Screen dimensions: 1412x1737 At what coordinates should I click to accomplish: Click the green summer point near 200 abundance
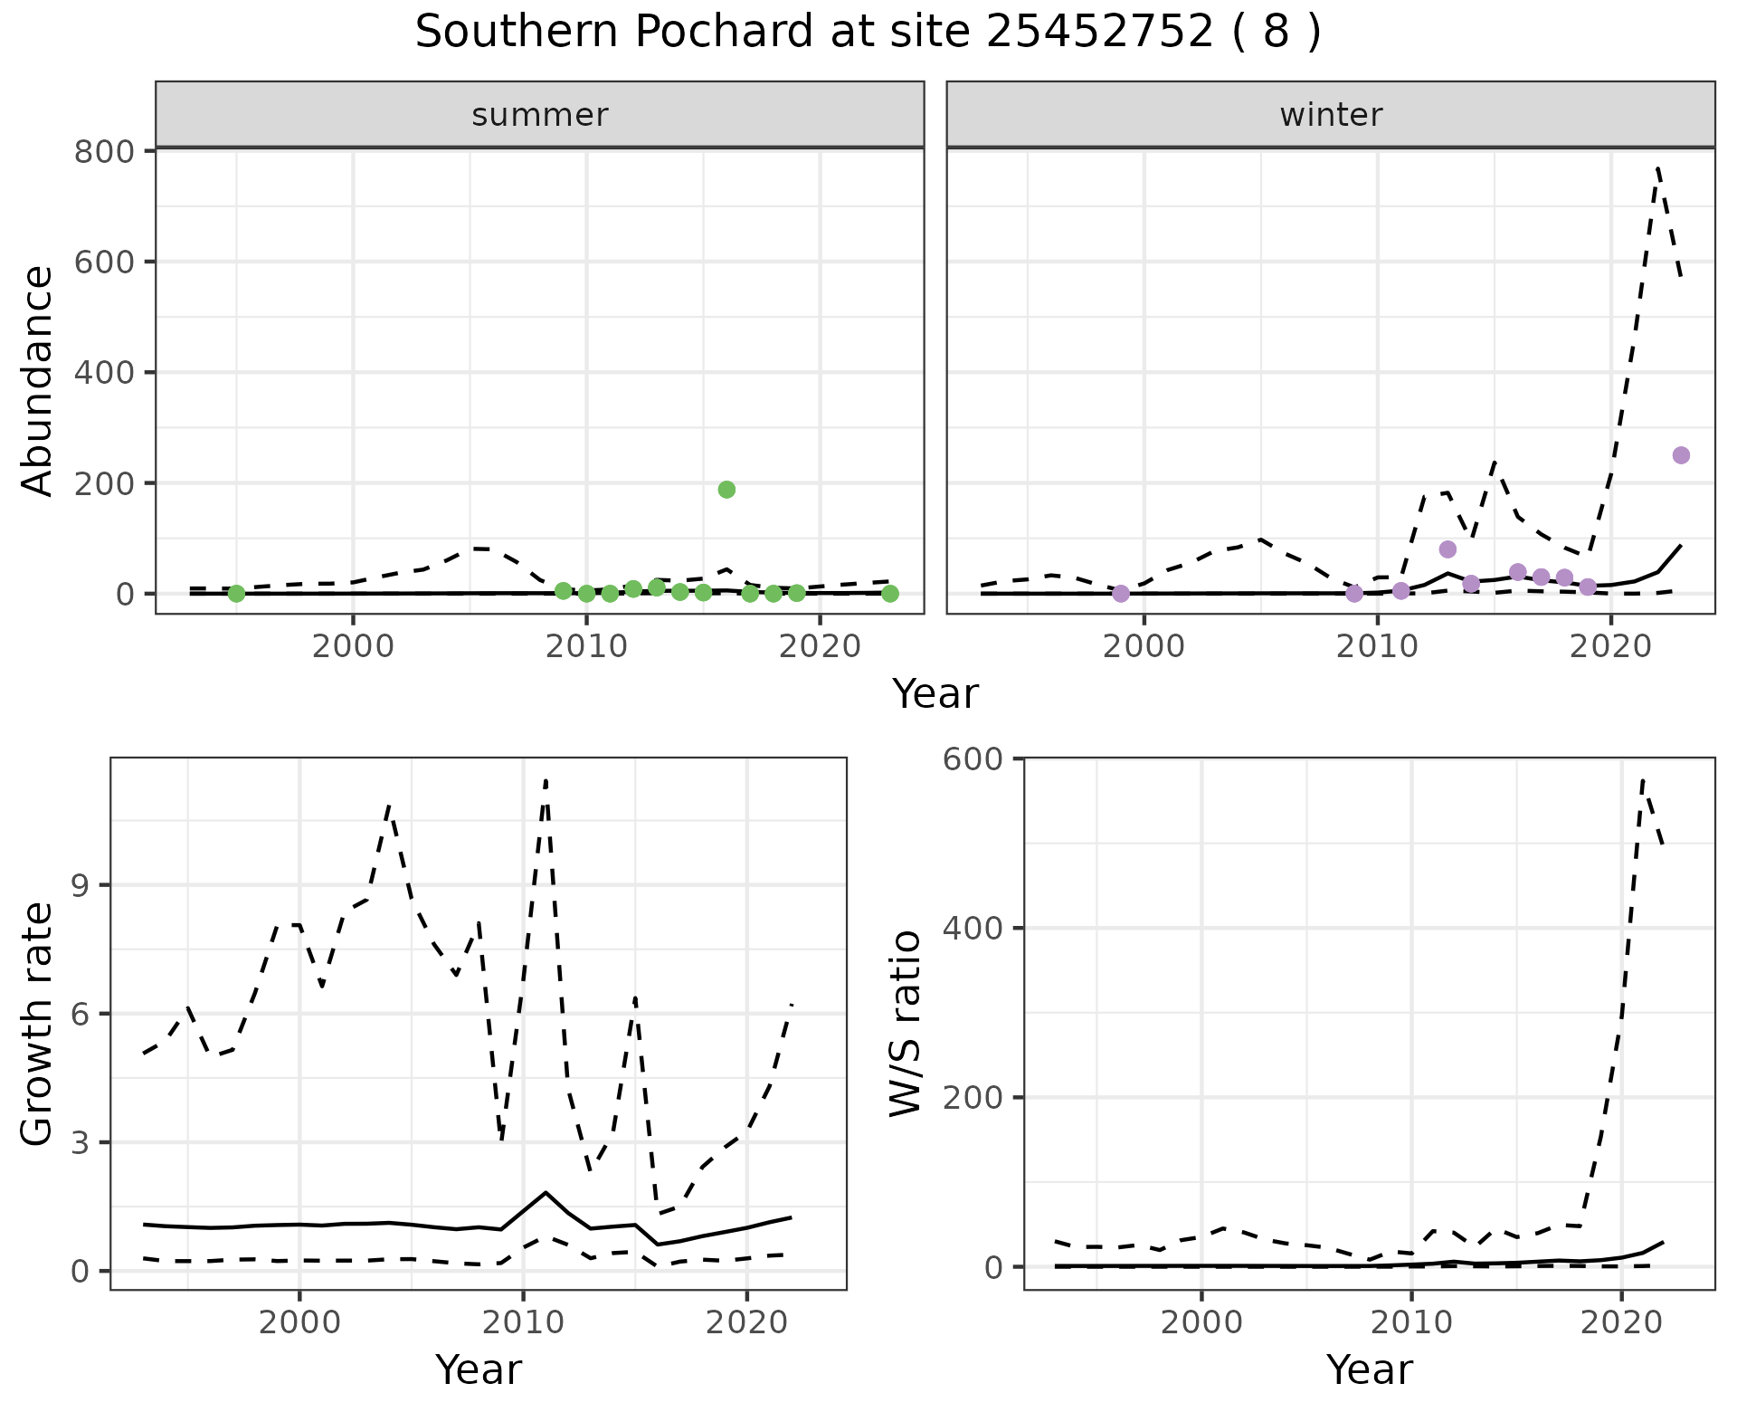coord(726,490)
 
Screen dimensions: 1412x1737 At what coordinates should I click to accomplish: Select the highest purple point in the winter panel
coord(1681,455)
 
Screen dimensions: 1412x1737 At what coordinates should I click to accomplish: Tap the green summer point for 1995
coord(236,594)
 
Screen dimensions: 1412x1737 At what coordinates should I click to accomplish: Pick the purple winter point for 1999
coord(1121,594)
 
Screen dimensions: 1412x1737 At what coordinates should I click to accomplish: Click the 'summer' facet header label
coord(540,115)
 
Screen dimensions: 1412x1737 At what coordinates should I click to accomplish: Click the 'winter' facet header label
coord(1331,115)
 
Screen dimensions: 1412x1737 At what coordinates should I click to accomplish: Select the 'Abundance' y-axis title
coord(38,381)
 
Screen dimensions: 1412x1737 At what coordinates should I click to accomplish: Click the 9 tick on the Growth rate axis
coord(82,885)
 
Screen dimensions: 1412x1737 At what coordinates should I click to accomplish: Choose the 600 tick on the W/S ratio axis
coord(973,758)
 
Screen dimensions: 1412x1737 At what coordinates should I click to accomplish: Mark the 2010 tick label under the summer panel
coord(586,647)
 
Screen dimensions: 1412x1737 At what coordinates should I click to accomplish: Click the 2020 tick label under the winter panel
coord(1610,647)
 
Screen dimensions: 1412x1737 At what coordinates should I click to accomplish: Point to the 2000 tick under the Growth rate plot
coord(299,1322)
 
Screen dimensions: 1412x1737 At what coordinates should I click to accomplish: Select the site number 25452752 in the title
coord(1099,33)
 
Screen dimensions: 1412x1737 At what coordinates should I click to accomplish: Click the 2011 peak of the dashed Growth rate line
coord(546,780)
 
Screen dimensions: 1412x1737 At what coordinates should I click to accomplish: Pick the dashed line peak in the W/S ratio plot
coord(1643,779)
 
